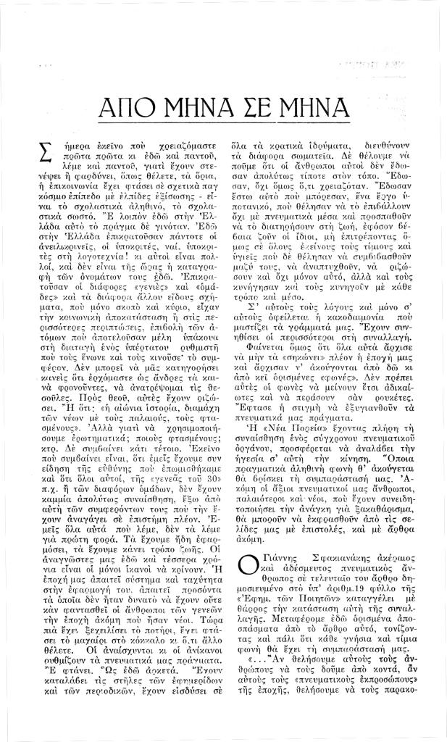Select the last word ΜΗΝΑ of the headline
[x=325, y=111]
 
